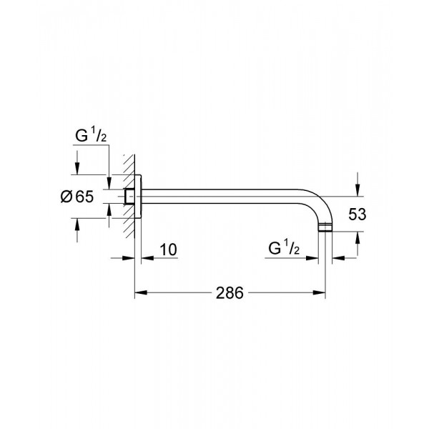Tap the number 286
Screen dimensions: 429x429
point(230,292)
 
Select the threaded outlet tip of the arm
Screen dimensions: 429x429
point(327,228)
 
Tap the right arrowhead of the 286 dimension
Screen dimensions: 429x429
point(324,292)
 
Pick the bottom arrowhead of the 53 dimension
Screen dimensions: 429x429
point(355,237)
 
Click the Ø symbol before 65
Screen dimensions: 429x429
point(63,198)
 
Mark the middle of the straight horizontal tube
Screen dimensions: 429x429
point(229,193)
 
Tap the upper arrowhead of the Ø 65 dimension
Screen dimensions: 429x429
point(77,170)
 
